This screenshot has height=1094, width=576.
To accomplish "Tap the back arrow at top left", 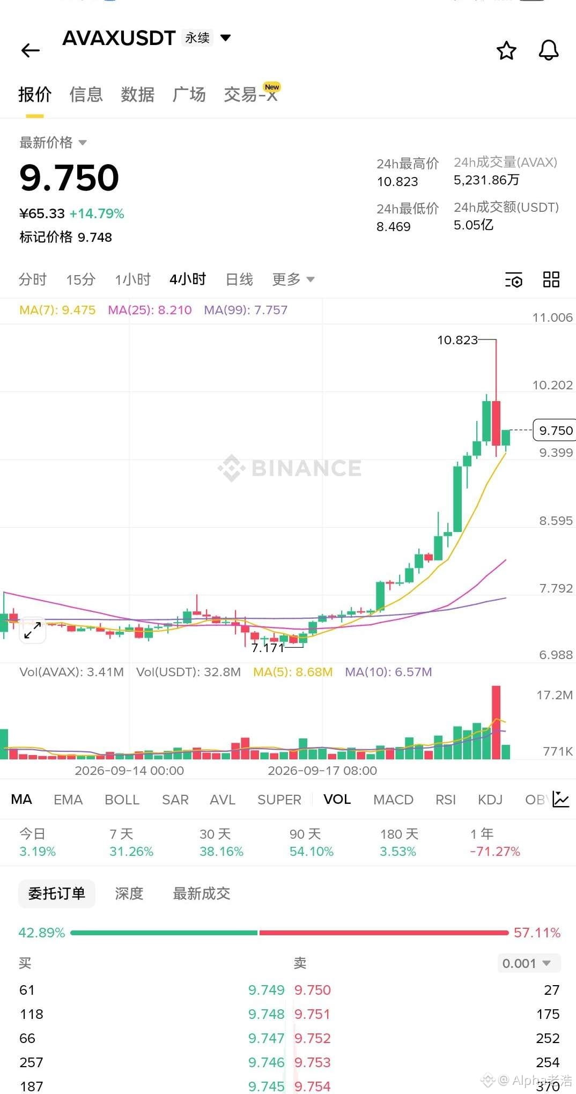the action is (31, 50).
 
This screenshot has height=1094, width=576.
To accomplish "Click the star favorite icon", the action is (506, 50).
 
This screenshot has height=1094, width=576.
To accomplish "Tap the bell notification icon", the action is (548, 50).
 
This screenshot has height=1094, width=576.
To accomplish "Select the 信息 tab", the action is (86, 94).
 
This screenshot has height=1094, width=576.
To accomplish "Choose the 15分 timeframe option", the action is (81, 279).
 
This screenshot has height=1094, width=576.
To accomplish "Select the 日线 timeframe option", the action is (239, 279).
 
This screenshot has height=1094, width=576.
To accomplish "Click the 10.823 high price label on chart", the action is (457, 340).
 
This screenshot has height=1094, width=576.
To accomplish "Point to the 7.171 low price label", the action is (268, 648).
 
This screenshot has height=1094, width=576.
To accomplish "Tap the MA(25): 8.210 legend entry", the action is (150, 310).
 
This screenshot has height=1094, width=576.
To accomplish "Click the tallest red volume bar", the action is (496, 722).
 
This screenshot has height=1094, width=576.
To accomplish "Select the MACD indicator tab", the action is (393, 800).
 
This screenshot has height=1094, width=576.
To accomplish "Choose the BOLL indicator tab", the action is (122, 800).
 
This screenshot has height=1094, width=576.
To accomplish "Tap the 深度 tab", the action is (129, 893).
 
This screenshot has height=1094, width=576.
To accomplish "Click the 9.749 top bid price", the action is (266, 990).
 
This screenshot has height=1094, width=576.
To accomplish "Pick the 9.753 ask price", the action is (313, 1062).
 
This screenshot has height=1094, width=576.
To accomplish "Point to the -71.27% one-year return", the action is (495, 852).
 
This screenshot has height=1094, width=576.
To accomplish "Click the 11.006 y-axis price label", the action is (552, 317).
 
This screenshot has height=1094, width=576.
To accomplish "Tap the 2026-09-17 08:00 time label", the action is (322, 771).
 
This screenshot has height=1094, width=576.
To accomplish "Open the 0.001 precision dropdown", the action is (529, 963).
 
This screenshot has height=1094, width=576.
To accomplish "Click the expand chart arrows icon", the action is (33, 630).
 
